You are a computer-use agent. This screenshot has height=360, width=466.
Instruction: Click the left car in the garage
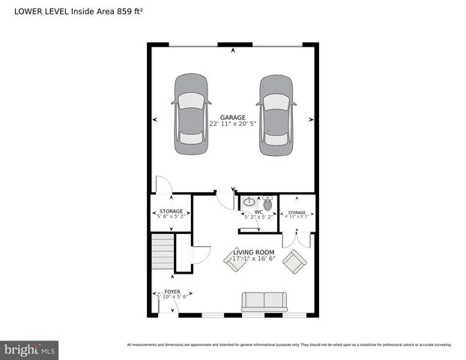pos(191,114)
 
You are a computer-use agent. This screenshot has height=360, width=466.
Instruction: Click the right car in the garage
pos(276,114)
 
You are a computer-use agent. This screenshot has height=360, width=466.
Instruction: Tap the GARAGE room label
pos(232,116)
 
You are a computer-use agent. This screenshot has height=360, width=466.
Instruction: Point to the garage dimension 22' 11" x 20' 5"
pos(232,124)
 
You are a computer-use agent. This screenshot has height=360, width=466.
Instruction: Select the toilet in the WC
pos(268,203)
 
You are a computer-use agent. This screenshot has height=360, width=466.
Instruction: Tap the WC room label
pos(258,212)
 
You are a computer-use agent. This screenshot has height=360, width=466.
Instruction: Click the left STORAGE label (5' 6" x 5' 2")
pos(171,212)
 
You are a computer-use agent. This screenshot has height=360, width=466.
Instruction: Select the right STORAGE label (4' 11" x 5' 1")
pos(297,213)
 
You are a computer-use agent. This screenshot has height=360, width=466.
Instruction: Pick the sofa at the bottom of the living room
pos(264,301)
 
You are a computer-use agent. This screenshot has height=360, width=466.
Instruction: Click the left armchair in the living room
pos(234,260)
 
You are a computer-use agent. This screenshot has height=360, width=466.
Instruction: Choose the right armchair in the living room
pos(294,262)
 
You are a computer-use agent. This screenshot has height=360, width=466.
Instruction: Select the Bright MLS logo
pos(30,349)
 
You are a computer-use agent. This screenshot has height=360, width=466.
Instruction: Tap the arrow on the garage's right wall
pos(311,119)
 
